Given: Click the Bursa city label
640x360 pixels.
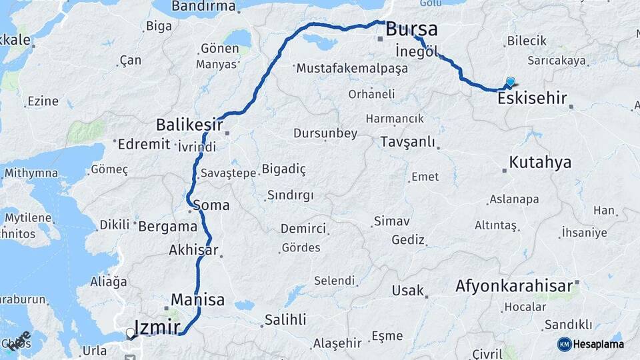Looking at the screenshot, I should pos(412,29).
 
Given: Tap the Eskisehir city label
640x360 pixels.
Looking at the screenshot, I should pos(532,99).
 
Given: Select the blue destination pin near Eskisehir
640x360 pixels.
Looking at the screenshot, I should pos(511,83).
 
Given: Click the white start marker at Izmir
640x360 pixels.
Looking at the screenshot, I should pos(131,332).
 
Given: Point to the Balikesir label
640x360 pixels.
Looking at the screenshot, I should pos(189,124).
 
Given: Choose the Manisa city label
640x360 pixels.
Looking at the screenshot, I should pos(197,299).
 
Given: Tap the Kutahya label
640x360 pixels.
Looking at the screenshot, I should pos(540,162).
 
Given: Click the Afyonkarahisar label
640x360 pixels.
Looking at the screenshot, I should pos(514,287).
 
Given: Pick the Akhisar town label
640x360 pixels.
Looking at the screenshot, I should pos(193,251).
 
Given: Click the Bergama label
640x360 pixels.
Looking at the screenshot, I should pos(167,226).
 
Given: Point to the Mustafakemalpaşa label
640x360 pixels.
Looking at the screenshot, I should pos(351,68).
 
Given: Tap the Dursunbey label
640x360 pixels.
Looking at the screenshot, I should pos(325,133).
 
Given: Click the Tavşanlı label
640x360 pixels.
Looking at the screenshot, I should pos(407,142).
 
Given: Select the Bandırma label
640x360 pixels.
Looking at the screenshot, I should pos(203,7).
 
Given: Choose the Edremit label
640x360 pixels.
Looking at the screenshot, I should pos(144,143).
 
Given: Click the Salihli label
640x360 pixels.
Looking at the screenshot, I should pos(285,319).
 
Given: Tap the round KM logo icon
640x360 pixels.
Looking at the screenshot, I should pos(564,344).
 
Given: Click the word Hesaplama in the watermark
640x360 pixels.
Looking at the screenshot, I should pos(598,344).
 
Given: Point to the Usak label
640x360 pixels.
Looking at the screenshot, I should pos(407,291).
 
